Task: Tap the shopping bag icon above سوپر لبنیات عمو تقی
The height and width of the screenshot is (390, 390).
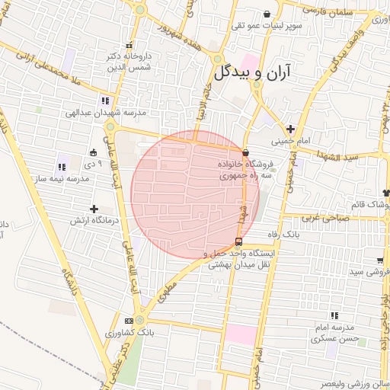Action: click(x=267, y=14)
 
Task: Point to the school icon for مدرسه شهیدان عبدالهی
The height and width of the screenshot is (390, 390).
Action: click(x=104, y=100)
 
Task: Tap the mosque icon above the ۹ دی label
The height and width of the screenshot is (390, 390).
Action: click(x=94, y=152)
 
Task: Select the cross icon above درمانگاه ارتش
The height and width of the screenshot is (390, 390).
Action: click(x=94, y=208)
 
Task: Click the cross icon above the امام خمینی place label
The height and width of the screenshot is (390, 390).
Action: click(x=290, y=128)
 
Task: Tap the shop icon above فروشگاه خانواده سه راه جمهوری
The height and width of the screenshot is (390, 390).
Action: click(x=245, y=153)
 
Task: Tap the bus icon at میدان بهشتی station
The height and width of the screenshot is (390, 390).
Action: click(x=240, y=243)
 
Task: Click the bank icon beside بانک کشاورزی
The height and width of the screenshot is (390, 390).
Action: click(x=139, y=321)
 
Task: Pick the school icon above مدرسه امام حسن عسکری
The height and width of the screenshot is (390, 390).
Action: click(x=334, y=315)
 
